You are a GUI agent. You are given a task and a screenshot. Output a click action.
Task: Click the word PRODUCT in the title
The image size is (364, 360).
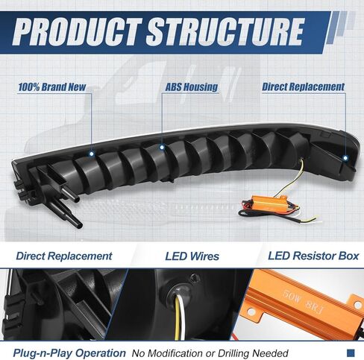[78, 32]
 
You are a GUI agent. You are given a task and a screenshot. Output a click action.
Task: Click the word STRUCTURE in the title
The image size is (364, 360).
[225, 32]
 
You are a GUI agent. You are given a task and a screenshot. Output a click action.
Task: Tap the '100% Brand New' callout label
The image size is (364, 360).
[52, 87]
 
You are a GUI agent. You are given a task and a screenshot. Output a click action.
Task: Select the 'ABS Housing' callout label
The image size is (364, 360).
[192, 87]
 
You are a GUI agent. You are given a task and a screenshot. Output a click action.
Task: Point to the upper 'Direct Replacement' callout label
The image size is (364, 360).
[303, 87]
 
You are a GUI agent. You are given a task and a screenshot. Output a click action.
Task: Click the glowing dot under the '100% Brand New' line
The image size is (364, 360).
[92, 154]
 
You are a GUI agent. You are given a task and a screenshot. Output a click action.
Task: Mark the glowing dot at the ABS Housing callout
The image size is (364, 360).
[162, 148]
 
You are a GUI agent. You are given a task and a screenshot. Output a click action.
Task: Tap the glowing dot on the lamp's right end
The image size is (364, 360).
[345, 157]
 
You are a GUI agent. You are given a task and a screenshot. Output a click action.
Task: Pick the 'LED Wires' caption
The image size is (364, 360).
[192, 256]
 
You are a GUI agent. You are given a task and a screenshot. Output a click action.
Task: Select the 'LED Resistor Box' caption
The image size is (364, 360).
[313, 256]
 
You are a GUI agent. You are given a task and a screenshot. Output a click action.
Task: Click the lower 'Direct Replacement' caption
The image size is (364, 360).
[64, 256]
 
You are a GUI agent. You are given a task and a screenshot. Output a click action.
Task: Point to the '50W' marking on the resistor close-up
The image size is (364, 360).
[292, 297]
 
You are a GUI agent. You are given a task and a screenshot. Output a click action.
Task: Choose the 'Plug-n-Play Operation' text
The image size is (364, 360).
[69, 353]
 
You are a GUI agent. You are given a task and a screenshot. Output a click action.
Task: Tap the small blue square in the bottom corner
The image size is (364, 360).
[351, 353]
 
